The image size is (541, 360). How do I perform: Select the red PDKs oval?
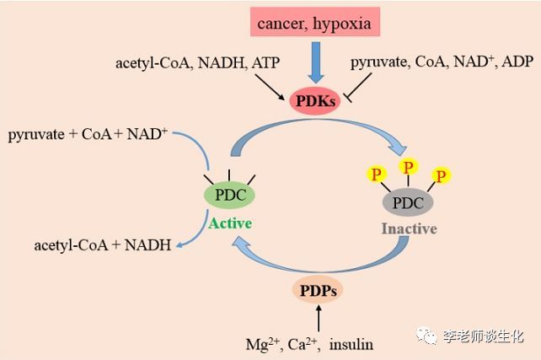[x=313, y=102]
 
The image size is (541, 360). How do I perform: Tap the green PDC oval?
[x=229, y=195]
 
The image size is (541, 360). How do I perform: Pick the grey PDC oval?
[x=408, y=203]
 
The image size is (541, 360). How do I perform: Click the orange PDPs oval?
[x=318, y=291]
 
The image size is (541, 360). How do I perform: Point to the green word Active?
[x=229, y=223]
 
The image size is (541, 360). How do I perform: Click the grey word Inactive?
[x=408, y=228]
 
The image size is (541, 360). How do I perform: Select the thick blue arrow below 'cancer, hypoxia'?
[x=314, y=62]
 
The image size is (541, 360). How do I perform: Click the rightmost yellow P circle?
[x=441, y=175]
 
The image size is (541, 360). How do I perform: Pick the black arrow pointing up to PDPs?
[x=318, y=319]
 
